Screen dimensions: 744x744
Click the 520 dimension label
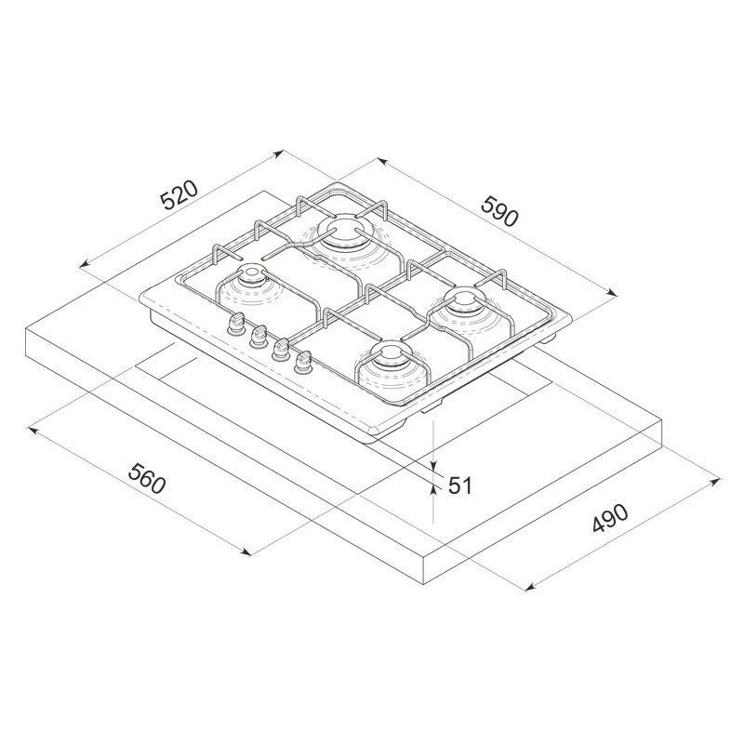coord(179,194)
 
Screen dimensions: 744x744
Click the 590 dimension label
coord(498,211)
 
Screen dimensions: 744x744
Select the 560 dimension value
coord(148,478)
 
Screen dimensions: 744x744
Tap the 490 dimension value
coord(610,519)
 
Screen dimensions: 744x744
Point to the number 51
coord(460,485)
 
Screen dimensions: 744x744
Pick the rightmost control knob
coord(302,363)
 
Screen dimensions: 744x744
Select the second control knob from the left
coord(258,336)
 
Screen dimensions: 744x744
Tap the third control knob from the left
coord(280,350)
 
